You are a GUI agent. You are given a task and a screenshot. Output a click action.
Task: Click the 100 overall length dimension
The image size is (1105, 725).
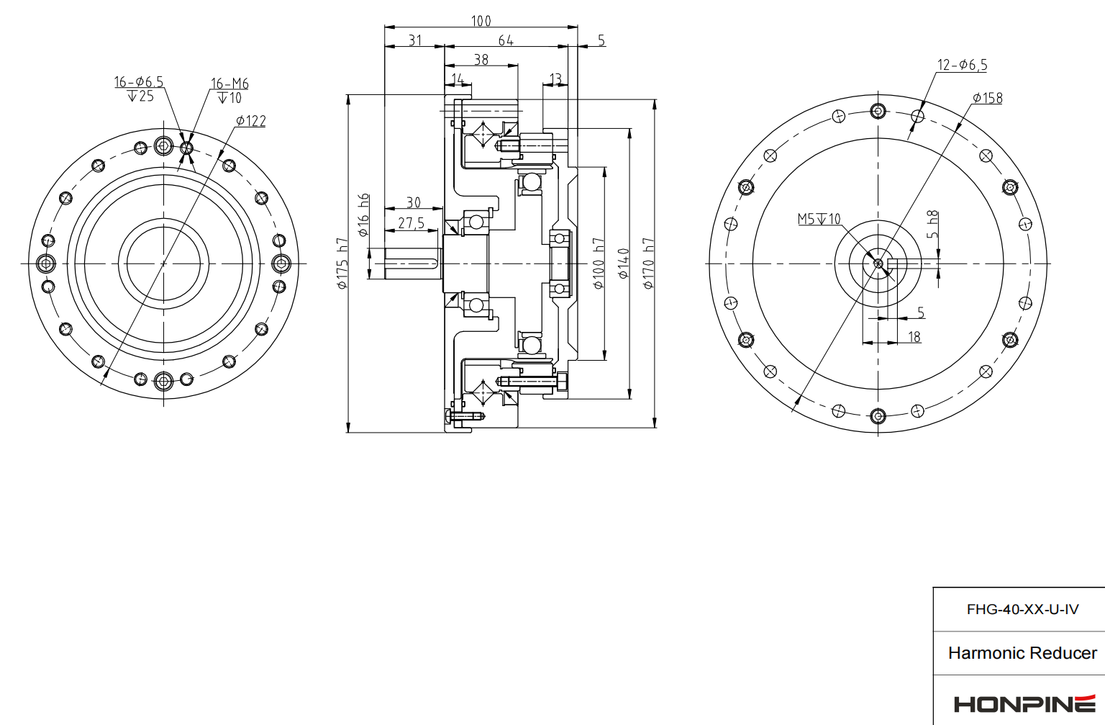[x=481, y=21]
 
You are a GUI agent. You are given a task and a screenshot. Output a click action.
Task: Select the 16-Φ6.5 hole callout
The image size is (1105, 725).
[x=139, y=82]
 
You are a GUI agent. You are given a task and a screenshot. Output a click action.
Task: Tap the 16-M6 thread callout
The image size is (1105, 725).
[x=229, y=84]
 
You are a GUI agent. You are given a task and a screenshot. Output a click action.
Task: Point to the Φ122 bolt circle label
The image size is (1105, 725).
[x=251, y=121]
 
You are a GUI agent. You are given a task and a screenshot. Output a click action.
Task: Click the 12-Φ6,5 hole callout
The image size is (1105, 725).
[x=962, y=65]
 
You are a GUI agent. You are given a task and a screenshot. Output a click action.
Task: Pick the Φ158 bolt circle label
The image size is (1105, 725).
[x=987, y=98]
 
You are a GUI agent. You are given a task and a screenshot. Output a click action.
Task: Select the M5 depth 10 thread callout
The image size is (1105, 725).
[x=819, y=219]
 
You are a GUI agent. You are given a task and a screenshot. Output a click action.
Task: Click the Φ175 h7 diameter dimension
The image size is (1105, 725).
[x=342, y=264]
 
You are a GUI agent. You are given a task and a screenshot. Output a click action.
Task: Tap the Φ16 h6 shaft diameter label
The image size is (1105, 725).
[x=364, y=215]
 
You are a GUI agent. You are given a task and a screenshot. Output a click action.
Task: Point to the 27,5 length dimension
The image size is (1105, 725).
[x=411, y=223]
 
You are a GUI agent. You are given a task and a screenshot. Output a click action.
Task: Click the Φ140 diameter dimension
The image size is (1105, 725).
[x=623, y=264]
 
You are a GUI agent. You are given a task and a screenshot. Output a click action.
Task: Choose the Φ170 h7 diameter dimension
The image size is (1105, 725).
[x=648, y=264]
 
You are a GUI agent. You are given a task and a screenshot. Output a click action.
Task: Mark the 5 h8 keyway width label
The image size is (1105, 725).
[x=932, y=225]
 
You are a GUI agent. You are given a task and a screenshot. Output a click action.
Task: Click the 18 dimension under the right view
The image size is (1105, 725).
[x=914, y=337]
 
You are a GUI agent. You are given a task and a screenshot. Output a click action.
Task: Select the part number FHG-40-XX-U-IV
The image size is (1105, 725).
[x=1022, y=610]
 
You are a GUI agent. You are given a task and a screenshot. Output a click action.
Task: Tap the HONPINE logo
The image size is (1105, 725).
[x=1024, y=703]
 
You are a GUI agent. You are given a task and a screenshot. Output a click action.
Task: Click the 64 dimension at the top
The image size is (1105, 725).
[x=506, y=40]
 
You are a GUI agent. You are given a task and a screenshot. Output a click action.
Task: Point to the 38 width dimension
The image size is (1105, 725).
[x=481, y=60]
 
